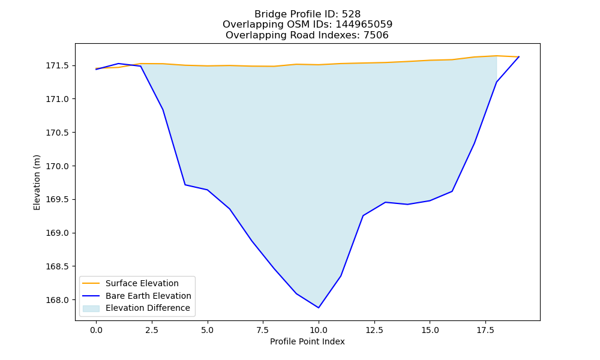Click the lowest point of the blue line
pyautogui.click(x=319, y=308)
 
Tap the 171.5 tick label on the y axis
pyautogui.click(x=58, y=66)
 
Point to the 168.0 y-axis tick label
pyautogui.click(x=58, y=301)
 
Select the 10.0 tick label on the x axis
pyautogui.click(x=319, y=330)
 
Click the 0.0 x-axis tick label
pyautogui.click(x=96, y=330)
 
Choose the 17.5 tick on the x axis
pyautogui.click(x=485, y=330)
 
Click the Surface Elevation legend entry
pyautogui.click(x=142, y=283)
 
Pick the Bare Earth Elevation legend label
pyautogui.click(x=148, y=296)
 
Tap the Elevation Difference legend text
pyautogui.click(x=148, y=308)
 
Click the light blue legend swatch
pyautogui.click(x=91, y=308)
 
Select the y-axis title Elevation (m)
pyautogui.click(x=37, y=182)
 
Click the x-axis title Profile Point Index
pyautogui.click(x=307, y=341)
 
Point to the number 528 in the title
pyautogui.click(x=351, y=14)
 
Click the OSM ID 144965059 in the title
pyautogui.click(x=364, y=25)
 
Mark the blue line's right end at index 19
pyautogui.click(x=519, y=56)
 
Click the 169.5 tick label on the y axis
pyautogui.click(x=58, y=200)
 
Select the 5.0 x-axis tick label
pyautogui.click(x=208, y=330)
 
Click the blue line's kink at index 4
pyautogui.click(x=185, y=185)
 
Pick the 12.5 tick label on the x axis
pyautogui.click(x=374, y=330)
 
